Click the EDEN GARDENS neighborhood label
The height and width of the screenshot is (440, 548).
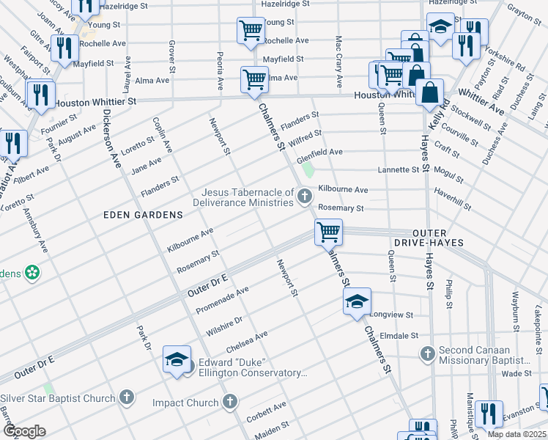tap(143, 214)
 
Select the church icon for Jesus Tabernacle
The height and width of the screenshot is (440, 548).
tap(305, 196)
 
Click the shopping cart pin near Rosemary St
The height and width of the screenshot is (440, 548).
tap(329, 232)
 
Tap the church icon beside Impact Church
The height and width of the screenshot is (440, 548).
tap(230, 402)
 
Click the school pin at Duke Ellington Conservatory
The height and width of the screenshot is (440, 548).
tap(177, 359)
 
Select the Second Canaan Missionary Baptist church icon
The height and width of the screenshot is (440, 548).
tap(428, 354)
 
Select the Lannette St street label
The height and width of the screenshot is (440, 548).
tap(399, 169)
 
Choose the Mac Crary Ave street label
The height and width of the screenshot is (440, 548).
tap(338, 51)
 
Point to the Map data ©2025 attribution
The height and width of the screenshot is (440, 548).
tap(516, 434)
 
